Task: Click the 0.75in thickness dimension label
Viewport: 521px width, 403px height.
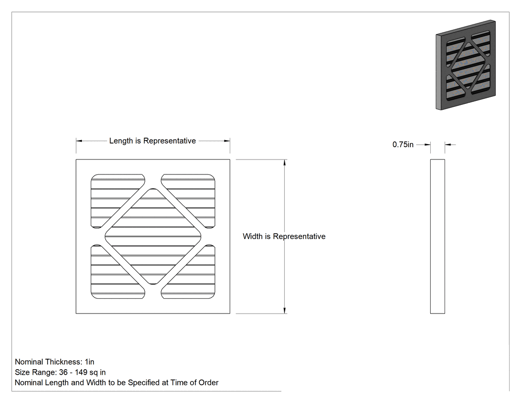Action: pyautogui.click(x=403, y=145)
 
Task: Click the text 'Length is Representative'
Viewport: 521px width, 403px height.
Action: pyautogui.click(x=152, y=141)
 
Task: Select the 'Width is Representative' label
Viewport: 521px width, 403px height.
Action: pyautogui.click(x=284, y=236)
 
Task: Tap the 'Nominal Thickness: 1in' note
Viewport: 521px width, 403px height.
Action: pyautogui.click(x=55, y=362)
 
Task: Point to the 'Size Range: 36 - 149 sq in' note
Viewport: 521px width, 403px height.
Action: pyautogui.click(x=60, y=372)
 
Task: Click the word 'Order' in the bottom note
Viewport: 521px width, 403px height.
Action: pyautogui.click(x=208, y=383)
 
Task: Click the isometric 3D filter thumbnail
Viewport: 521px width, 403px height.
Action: pyautogui.click(x=466, y=65)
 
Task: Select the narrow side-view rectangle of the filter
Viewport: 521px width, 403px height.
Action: pyautogui.click(x=438, y=236)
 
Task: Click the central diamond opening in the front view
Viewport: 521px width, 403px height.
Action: pyautogui.click(x=153, y=236)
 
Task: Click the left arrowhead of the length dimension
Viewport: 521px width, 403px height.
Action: pyautogui.click(x=79, y=141)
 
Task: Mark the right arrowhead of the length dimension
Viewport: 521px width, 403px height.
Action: pyautogui.click(x=227, y=141)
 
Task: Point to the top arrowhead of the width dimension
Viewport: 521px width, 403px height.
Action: pyautogui.click(x=285, y=162)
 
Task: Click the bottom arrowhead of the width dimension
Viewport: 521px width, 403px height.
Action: pyautogui.click(x=285, y=310)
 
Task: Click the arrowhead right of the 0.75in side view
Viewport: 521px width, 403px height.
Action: pyautogui.click(x=448, y=145)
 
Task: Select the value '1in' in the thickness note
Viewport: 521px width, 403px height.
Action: pyautogui.click(x=90, y=362)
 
